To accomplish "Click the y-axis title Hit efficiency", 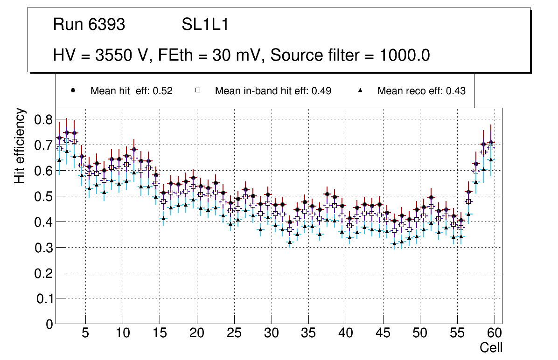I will tap(19, 145).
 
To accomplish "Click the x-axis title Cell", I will tap(491, 347).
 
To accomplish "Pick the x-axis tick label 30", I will tap(271, 333).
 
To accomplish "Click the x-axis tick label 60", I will tap(495, 333).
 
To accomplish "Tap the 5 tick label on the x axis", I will tap(85, 333).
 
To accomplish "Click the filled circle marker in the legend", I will tap(73, 90).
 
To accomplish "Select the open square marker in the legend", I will tap(198, 90).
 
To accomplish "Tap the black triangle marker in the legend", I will tap(361, 90).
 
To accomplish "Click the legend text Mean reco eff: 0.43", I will tap(421, 91).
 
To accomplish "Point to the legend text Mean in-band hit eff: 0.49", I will tap(273, 91).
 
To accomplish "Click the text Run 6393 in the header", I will tap(89, 25).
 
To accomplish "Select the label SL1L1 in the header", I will tap(205, 25).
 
